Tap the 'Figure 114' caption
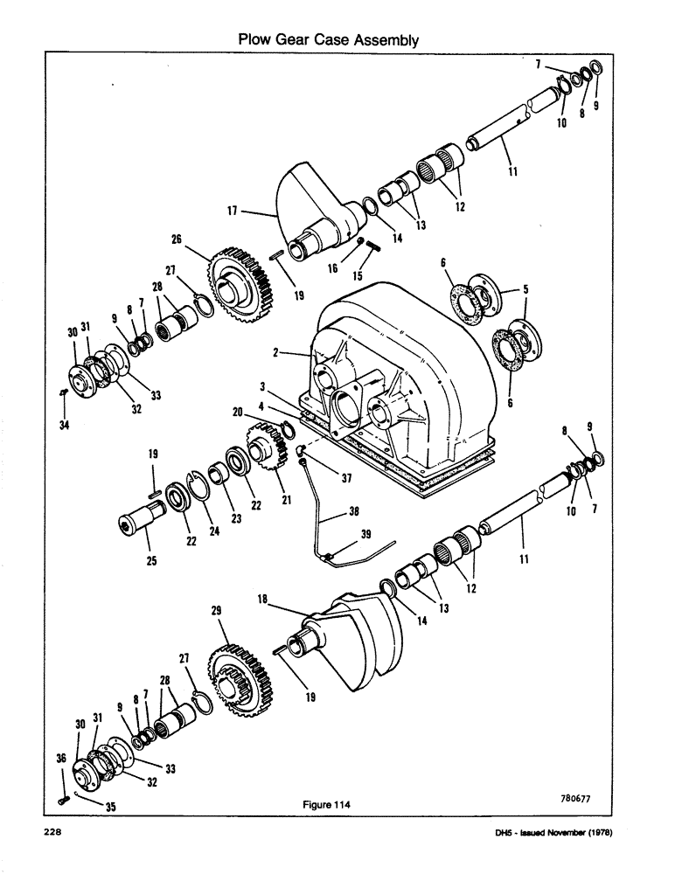coord(327,807)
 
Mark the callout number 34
coord(63,425)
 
